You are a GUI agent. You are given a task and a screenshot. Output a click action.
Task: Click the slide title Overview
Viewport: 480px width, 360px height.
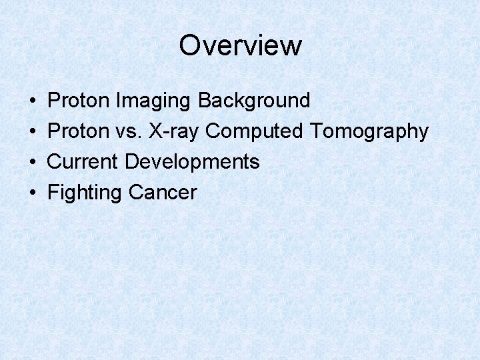click(x=240, y=45)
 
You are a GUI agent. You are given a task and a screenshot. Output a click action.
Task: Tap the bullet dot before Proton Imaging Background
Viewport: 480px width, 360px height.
click(x=33, y=101)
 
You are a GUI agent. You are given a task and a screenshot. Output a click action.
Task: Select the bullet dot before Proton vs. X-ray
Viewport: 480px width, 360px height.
click(x=33, y=132)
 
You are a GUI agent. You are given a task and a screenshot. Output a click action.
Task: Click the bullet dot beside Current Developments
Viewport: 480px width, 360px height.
click(x=33, y=162)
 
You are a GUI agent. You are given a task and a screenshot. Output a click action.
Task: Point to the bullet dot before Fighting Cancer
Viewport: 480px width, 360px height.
click(x=33, y=193)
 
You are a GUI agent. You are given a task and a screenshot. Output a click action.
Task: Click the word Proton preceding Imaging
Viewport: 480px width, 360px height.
click(x=79, y=101)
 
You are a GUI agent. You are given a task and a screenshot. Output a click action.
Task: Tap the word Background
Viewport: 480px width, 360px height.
click(x=254, y=101)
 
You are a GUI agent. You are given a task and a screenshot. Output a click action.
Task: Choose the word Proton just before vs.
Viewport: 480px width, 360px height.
click(x=79, y=131)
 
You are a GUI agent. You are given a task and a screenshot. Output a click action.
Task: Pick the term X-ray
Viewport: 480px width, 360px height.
click(x=174, y=132)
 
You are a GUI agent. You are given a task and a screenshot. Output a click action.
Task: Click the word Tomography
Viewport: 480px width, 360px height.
click(x=369, y=132)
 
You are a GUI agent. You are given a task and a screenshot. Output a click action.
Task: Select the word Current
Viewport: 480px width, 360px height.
click(x=84, y=162)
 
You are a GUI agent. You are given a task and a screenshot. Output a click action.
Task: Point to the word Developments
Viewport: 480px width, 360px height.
click(x=192, y=163)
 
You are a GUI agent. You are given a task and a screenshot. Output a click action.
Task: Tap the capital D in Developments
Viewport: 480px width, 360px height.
click(x=131, y=162)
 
